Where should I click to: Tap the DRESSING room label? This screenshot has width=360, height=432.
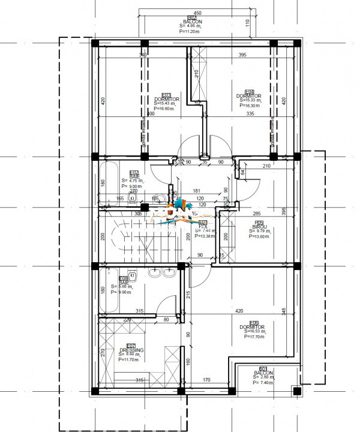pyautogui.click(x=130, y=350)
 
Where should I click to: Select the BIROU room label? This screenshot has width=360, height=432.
pyautogui.click(x=259, y=227)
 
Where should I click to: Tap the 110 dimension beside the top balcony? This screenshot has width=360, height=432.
pyautogui.click(x=246, y=24)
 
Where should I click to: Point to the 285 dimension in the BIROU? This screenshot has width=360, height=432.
pyautogui.click(x=256, y=213)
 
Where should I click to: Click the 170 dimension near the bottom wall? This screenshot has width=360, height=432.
pyautogui.click(x=206, y=380)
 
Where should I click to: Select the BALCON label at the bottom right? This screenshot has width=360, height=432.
pyautogui.click(x=262, y=373)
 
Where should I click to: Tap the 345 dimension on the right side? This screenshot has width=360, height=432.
pyautogui.click(x=284, y=312)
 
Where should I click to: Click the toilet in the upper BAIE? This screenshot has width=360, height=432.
pyautogui.click(x=136, y=198)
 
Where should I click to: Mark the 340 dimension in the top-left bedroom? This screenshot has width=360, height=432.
pyautogui.click(x=143, y=55)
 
